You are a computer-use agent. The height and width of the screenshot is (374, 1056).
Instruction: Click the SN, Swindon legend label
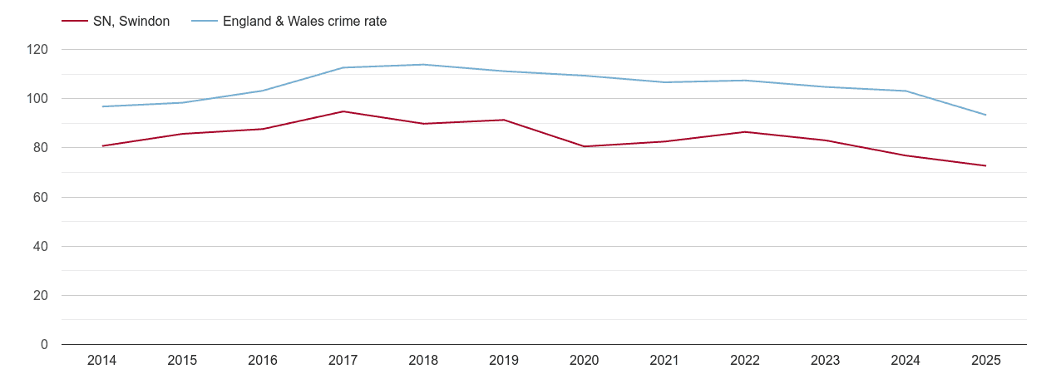point(131,22)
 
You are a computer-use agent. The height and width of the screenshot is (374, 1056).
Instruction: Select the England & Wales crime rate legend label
point(304,22)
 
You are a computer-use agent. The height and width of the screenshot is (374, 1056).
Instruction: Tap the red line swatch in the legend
point(74,22)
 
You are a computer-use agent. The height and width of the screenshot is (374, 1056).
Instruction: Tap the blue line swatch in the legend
point(204,22)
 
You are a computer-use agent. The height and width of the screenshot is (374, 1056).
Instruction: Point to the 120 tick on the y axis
point(37,50)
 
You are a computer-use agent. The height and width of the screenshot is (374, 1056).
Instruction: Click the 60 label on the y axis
point(41,198)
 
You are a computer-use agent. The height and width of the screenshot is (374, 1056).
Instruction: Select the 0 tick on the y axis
point(44,345)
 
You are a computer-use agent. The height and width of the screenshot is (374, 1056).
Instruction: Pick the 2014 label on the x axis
point(101,361)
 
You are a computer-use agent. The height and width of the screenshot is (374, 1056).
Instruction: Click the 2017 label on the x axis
point(343,361)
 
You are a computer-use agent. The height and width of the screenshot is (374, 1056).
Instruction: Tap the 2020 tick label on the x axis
point(584,361)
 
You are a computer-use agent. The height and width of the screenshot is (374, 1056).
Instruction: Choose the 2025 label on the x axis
point(985,361)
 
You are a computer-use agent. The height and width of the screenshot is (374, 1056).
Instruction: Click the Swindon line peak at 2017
point(343,111)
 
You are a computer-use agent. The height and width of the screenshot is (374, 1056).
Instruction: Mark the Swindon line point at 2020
point(584,146)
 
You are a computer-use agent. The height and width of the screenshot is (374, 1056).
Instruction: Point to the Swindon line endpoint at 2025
point(985,165)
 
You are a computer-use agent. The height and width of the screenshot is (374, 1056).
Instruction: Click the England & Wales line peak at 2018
point(423,65)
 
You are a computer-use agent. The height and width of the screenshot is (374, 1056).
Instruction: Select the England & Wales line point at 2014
point(101,106)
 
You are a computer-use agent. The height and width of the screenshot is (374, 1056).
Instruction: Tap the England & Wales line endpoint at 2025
point(985,115)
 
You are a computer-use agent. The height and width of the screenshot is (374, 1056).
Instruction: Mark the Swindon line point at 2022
point(744,132)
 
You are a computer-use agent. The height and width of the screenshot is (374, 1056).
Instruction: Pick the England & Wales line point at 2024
point(905,91)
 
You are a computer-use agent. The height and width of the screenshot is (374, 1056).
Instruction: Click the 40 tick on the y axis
point(41,247)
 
